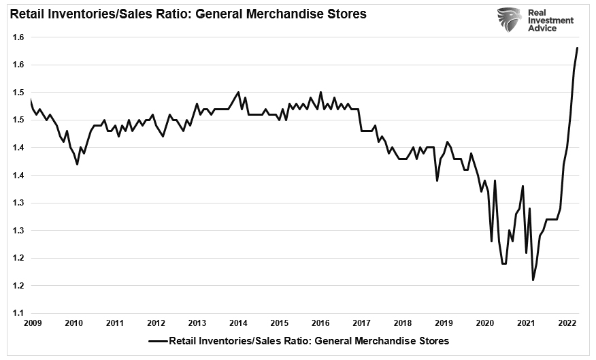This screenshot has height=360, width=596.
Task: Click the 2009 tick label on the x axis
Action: pos(32,324)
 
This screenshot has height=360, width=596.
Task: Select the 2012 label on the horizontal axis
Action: pos(156,324)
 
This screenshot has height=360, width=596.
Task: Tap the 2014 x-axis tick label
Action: pos(238,324)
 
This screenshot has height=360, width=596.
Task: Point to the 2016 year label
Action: pos(321,324)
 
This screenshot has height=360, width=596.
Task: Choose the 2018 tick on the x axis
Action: pos(403,324)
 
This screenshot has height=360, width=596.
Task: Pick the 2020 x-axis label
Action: pos(485,324)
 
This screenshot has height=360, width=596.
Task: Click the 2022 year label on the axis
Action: pos(567,324)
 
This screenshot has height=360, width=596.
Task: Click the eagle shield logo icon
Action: pos(509,22)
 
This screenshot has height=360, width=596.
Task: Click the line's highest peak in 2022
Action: pos(578,48)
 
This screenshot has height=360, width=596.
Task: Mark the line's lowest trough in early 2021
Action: pos(533,280)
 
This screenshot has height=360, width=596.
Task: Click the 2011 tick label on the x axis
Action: pos(114,324)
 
